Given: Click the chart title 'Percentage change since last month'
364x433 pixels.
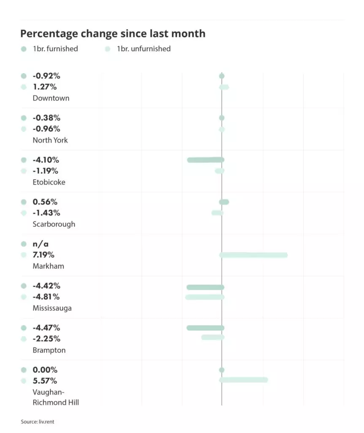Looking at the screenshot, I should coord(113,34).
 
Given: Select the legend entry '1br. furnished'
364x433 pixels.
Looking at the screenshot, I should coord(55,49).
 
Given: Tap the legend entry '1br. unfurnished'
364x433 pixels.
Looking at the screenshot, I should coord(144,49).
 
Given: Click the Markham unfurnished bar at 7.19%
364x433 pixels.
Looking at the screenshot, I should coord(253,255).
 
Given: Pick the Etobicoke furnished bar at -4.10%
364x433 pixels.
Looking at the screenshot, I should coord(205,160).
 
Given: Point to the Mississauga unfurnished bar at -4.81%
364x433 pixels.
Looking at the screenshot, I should coord(204,297).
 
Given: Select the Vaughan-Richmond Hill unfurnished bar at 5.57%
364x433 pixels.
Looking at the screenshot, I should coord(244,380).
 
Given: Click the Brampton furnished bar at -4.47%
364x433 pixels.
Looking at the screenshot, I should coord(205,328).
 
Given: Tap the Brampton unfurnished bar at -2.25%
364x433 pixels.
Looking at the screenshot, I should coord(212,337).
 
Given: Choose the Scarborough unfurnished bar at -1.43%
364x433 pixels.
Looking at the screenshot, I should coord(217,213).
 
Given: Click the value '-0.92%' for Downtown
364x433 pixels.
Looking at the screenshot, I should coord(46,76).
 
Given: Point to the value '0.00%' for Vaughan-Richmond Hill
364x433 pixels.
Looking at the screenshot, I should coord(45,370).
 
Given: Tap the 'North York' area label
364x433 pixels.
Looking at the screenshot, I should coord(50,140).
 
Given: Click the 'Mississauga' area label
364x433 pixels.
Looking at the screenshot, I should coord(52,308).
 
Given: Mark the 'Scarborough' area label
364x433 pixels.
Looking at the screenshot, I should coord(54,224).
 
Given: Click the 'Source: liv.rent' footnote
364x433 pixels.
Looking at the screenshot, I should coord(38,422).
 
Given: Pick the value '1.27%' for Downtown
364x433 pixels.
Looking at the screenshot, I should coord(44,87).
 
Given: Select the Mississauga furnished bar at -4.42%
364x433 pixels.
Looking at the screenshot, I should coord(205,287).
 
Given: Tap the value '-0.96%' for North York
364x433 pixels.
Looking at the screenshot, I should coord(46,129).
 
